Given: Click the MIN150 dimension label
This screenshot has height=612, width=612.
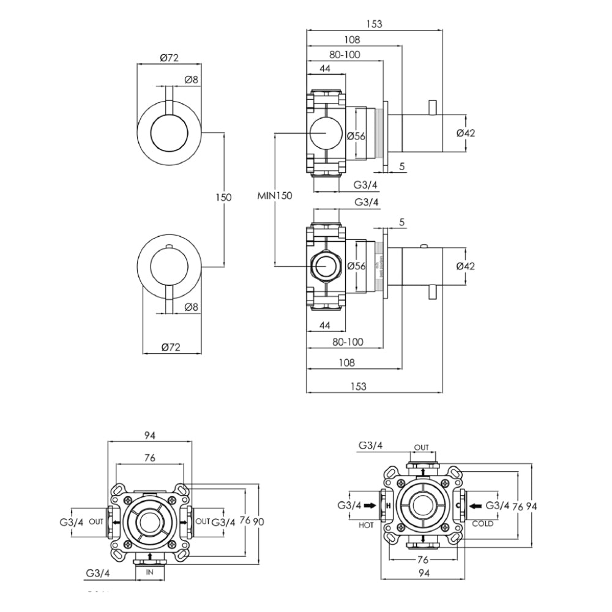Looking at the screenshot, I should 275,196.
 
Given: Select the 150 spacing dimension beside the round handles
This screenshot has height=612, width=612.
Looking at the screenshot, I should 223,197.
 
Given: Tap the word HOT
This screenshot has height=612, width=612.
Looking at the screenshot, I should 367,524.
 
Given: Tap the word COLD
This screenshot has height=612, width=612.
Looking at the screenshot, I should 483,524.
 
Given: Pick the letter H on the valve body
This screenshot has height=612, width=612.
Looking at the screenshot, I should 388,506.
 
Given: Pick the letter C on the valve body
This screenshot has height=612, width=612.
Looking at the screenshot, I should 457,506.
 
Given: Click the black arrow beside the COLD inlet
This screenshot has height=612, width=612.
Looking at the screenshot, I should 474,506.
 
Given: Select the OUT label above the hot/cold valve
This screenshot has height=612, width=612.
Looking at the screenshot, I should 422,448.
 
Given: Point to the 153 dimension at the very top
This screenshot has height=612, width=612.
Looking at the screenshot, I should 373,24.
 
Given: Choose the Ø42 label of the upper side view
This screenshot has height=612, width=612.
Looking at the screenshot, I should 466,133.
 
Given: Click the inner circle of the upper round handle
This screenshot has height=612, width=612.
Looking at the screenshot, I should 168,133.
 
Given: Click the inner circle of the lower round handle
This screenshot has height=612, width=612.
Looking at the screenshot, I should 168,266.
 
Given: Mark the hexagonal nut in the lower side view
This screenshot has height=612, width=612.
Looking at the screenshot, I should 325,266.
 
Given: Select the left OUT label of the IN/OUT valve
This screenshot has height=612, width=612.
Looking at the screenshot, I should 95,521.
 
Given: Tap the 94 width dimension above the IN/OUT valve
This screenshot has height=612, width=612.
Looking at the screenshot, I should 150,435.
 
